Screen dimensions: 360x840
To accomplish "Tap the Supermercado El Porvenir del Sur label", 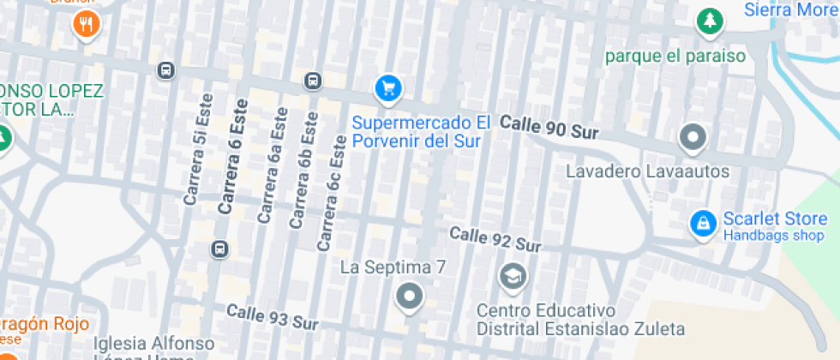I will click(421, 132).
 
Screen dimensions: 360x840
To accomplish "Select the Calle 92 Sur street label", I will click(495, 239).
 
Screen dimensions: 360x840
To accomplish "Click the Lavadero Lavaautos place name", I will click(647, 172).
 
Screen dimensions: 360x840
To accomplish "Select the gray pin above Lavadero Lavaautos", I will click(692, 136).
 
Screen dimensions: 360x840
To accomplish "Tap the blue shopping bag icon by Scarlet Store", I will click(703, 225).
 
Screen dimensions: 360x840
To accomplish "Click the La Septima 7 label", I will click(393, 267).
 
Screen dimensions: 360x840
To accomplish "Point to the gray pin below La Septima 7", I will click(409, 297).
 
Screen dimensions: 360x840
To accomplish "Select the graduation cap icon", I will click(513, 276).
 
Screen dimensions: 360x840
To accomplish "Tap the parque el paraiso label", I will click(675, 57).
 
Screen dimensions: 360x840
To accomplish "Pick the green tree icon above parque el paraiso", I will click(709, 22).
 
